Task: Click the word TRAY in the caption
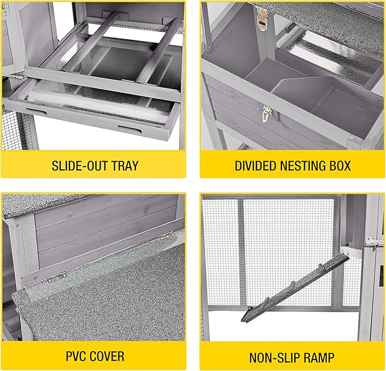[x=125, y=166]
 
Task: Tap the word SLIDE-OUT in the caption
[x=79, y=166]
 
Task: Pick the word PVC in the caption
[x=76, y=356]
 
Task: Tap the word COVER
[x=107, y=356]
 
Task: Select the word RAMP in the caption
[x=318, y=358]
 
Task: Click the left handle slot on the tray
[x=36, y=111]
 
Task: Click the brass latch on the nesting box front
[x=267, y=113]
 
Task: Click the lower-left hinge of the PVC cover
[x=57, y=277]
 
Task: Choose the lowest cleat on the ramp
[x=266, y=301]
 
